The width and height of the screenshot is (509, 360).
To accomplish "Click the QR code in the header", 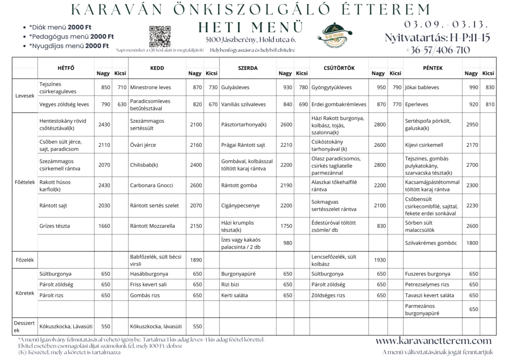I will (160, 35).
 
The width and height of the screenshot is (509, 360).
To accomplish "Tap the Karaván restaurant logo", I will (338, 36).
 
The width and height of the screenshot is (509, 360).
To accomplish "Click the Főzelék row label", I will (24, 259).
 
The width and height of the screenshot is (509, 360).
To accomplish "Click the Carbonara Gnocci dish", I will (152, 185).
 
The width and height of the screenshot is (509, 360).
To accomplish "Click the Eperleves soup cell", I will (418, 104).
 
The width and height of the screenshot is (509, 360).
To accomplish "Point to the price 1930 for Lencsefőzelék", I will (379, 260).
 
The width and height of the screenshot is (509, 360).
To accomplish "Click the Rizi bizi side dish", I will (232, 284).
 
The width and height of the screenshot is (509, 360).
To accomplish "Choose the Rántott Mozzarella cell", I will (153, 226).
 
